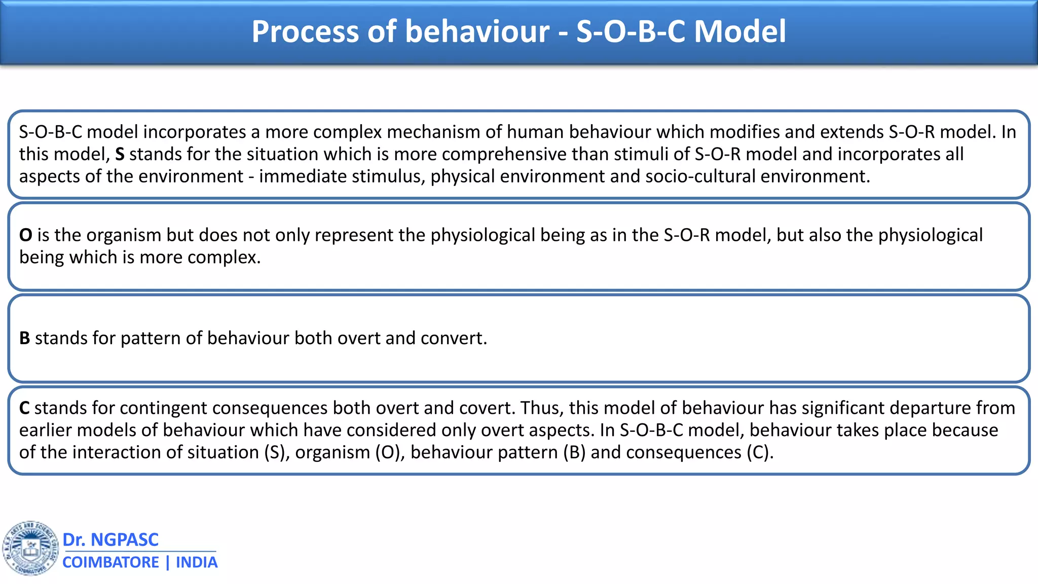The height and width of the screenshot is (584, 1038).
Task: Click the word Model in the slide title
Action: pyautogui.click(x=739, y=31)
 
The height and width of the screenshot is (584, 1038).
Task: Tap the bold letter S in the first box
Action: pyautogui.click(x=120, y=154)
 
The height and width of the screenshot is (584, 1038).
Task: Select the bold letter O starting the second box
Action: pyautogui.click(x=26, y=235)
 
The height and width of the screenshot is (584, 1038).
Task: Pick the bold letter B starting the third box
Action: pyautogui.click(x=24, y=338)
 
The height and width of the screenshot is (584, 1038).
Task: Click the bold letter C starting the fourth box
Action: pyautogui.click(x=24, y=408)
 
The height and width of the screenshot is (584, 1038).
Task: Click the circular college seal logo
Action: pyautogui.click(x=30, y=548)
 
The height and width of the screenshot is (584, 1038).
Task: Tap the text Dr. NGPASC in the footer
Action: pyautogui.click(x=110, y=539)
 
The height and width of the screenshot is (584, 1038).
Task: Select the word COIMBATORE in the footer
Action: pyautogui.click(x=110, y=562)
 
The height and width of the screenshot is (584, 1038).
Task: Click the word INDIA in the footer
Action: pyautogui.click(x=197, y=562)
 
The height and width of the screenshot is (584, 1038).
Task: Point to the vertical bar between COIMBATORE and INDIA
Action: pyautogui.click(x=168, y=562)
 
